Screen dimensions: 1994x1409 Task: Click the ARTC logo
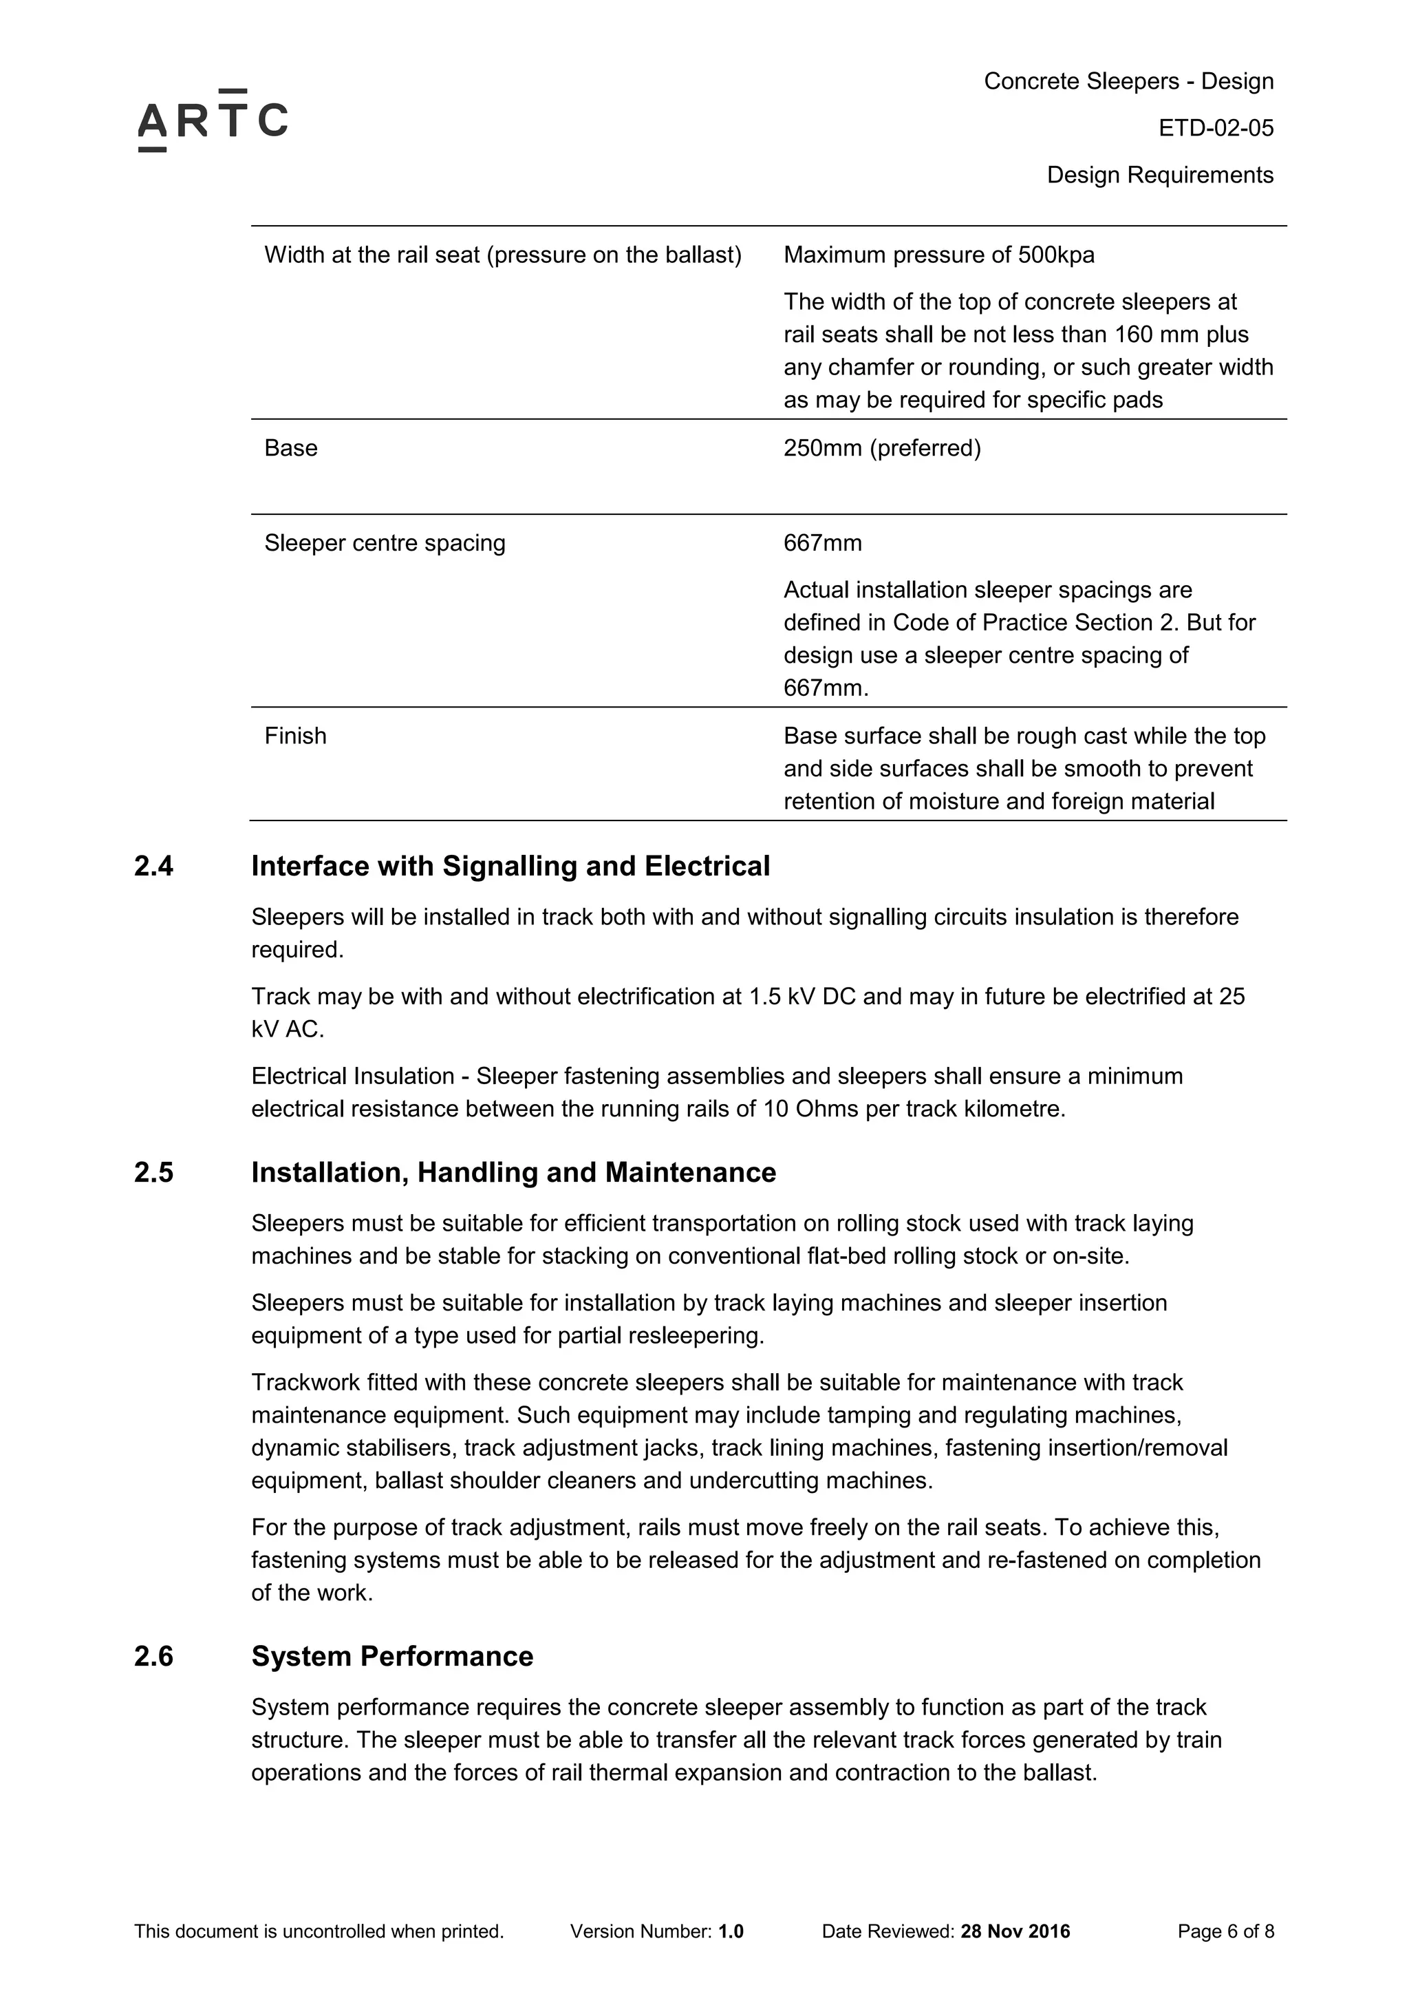click(x=213, y=120)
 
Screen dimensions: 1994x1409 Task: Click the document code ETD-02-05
click(x=1216, y=129)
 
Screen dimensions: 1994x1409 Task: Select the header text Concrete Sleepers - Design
click(x=1128, y=82)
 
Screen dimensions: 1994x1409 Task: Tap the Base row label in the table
click(x=291, y=448)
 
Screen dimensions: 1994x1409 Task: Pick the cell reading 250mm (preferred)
click(x=881, y=448)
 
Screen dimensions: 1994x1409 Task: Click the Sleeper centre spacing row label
click(x=384, y=544)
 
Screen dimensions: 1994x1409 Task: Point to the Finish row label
click(x=295, y=736)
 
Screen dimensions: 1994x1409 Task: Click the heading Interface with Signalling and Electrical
click(x=510, y=867)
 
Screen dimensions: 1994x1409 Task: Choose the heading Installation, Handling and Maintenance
click(x=513, y=1174)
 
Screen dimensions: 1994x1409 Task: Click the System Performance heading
click(x=391, y=1657)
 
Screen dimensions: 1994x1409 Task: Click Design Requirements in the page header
click(x=1159, y=176)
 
